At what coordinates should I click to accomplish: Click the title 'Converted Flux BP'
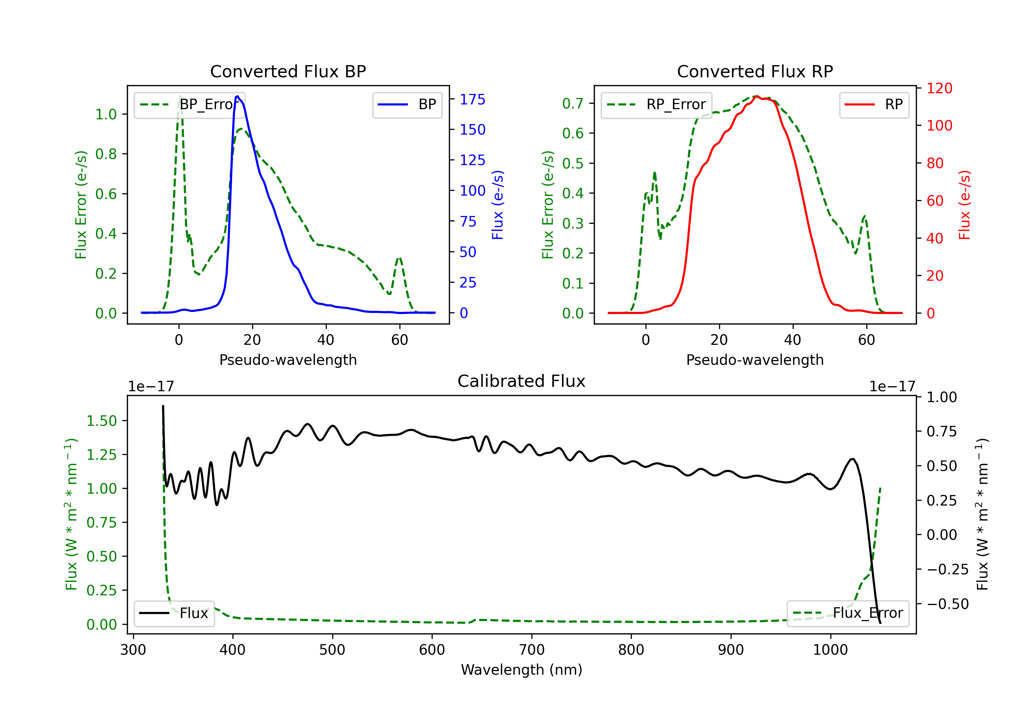coord(288,71)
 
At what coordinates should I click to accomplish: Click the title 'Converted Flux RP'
coord(755,71)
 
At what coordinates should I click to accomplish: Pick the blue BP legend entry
coord(407,104)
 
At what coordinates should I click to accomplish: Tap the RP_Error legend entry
coord(656,104)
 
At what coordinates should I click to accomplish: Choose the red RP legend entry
coord(874,104)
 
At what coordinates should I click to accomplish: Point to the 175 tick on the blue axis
coord(472,100)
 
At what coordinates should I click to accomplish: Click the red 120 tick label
coord(939,88)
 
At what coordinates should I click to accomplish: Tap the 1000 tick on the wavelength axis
coord(830,650)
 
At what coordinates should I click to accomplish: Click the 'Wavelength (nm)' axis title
coord(522,670)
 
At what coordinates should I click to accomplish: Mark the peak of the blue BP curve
coord(238,96)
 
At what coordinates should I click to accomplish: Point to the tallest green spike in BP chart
coord(180,96)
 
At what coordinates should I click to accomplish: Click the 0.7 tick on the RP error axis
coord(572,104)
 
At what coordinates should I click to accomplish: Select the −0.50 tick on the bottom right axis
coord(947,604)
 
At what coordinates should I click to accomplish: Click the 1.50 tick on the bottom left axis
coord(101,421)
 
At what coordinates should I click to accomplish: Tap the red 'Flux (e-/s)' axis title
coord(965,205)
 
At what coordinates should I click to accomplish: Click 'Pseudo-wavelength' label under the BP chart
coord(288,360)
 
